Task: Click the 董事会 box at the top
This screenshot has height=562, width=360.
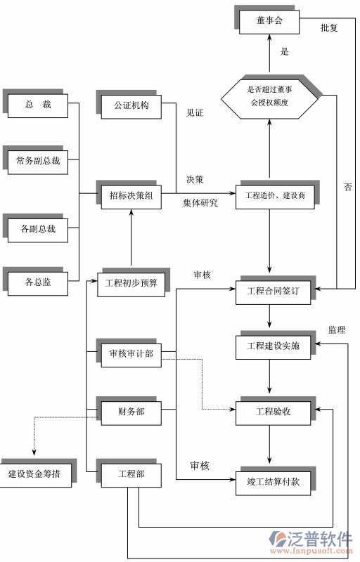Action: point(269,21)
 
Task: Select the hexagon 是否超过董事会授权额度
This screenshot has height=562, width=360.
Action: point(269,96)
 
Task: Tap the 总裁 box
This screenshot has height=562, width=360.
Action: point(38,105)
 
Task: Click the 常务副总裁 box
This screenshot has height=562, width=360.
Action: point(38,161)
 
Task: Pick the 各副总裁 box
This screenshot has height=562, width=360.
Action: point(38,228)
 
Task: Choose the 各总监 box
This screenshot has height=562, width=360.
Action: point(38,283)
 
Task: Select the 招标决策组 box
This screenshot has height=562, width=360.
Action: point(131,195)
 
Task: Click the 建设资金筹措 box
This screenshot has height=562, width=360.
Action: point(34,474)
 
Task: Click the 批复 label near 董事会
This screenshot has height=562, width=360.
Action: point(330,28)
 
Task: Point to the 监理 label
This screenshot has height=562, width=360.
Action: point(336,329)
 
